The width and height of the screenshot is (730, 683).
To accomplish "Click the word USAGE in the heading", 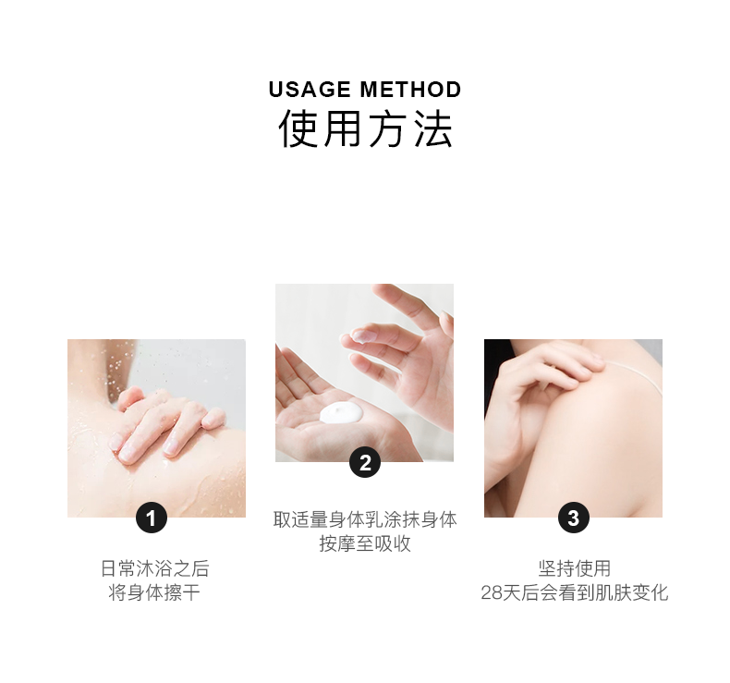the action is [x=310, y=90].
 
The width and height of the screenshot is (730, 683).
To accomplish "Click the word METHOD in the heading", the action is [x=410, y=90].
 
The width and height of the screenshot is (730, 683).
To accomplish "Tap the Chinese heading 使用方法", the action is [x=365, y=129].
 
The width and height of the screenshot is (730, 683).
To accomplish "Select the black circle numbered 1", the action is [x=152, y=518].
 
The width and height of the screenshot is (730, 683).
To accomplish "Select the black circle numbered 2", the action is [x=365, y=462].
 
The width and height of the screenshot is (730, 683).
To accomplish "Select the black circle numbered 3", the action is [x=574, y=518].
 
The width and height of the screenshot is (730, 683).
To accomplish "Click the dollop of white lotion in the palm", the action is [x=341, y=412].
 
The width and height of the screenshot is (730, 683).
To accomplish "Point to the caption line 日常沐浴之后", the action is [x=155, y=568].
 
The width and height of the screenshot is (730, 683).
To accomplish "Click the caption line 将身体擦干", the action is [x=154, y=592].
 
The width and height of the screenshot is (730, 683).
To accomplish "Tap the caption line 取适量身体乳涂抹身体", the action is [x=365, y=519].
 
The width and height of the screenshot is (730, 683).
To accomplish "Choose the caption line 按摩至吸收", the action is [x=365, y=543].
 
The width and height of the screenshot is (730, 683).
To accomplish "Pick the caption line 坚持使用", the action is [x=574, y=568].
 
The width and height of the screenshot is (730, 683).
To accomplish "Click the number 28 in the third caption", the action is [x=492, y=593].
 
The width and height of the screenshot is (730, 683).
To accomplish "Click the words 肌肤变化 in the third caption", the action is [x=632, y=592].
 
